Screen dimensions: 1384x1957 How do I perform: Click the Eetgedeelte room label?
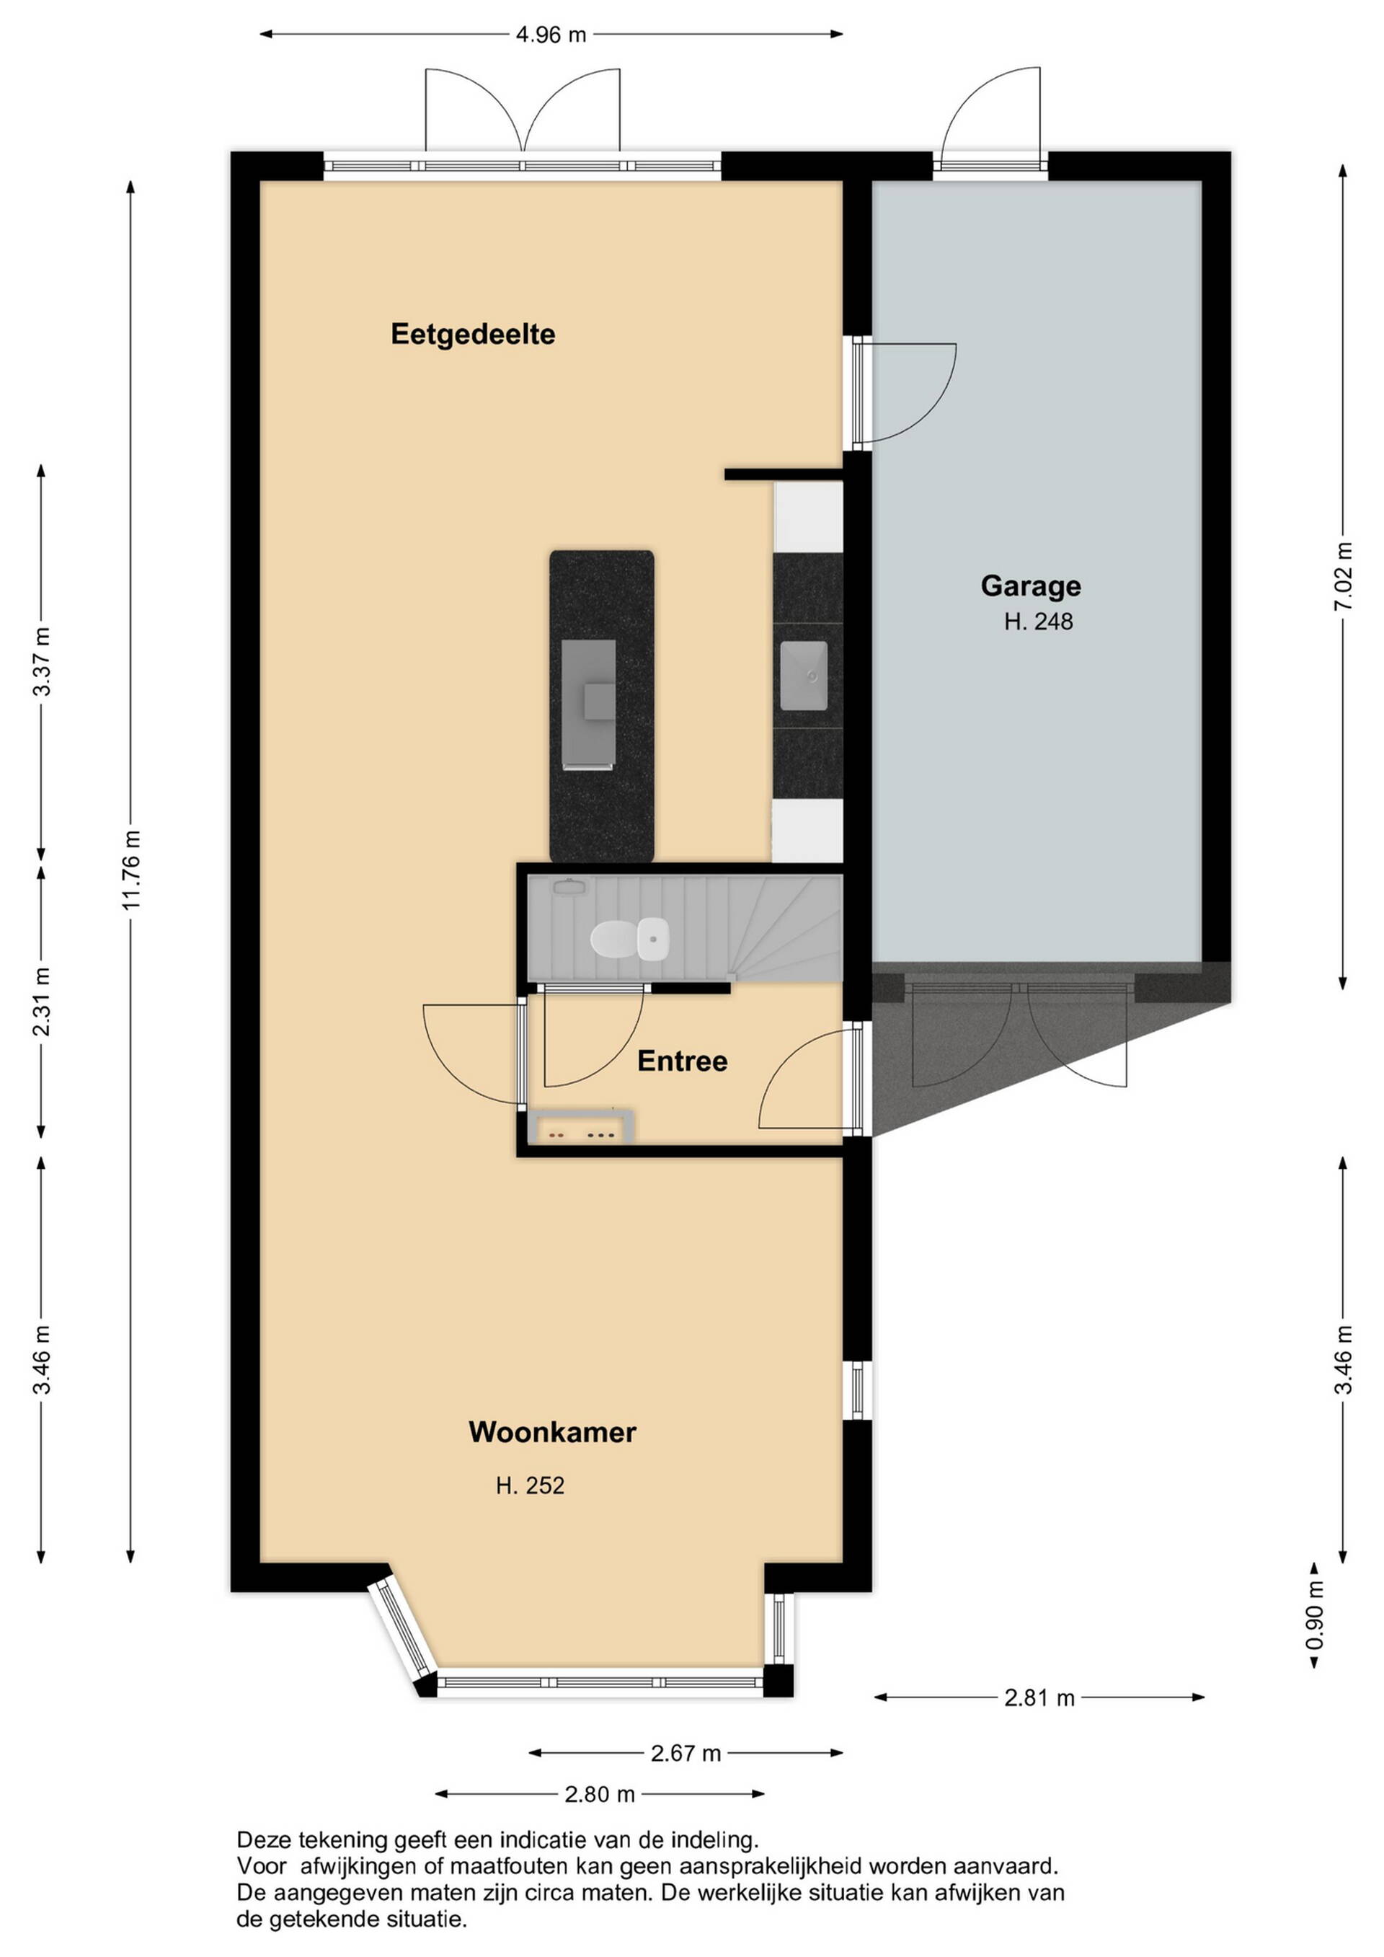473,334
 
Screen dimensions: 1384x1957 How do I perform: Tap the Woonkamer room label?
552,1432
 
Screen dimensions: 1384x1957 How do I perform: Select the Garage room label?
1030,586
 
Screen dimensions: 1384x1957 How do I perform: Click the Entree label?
683,1061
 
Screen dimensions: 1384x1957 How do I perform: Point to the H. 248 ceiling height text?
1038,622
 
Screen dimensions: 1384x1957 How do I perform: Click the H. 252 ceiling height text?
530,1485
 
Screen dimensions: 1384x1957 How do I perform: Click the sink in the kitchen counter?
804,676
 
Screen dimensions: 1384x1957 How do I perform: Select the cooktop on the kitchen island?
588,704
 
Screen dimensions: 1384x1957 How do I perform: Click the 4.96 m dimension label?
551,35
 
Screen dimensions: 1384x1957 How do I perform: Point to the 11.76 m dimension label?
131,870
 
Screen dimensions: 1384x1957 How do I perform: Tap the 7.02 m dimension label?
1343,577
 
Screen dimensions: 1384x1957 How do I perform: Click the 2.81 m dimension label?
1039,1698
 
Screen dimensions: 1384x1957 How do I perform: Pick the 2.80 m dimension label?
600,1795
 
